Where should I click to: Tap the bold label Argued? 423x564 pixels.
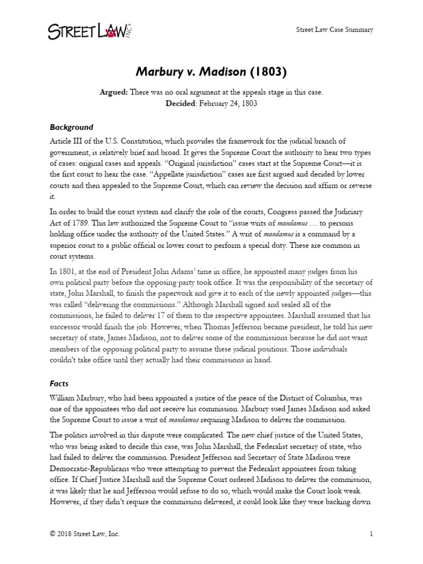(113, 93)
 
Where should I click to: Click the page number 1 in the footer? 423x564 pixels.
(371, 534)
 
